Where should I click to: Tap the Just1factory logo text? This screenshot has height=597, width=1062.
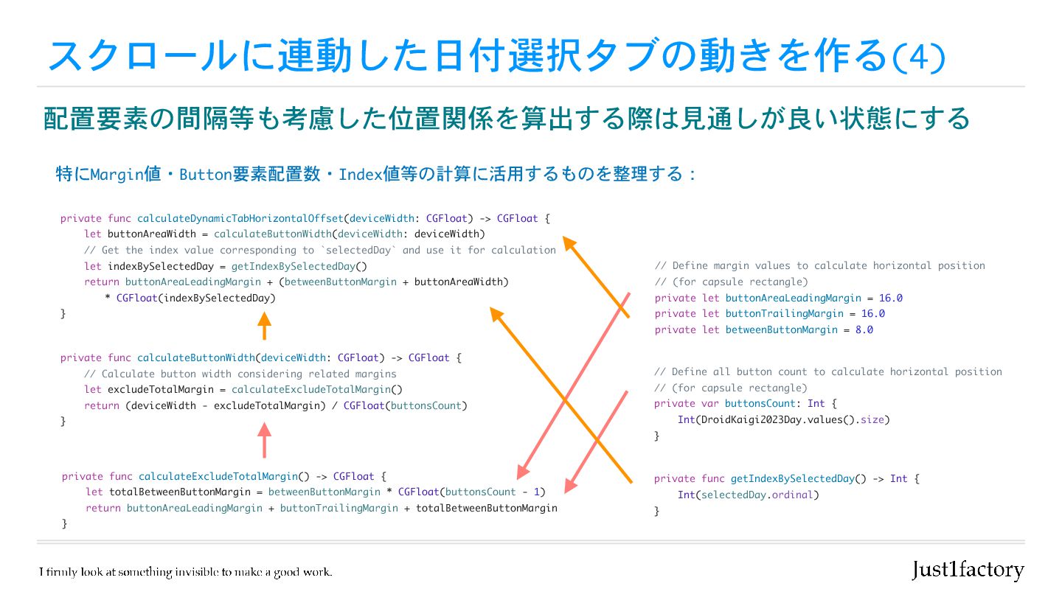[968, 570]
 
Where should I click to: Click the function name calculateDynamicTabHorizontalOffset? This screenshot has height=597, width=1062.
[240, 218]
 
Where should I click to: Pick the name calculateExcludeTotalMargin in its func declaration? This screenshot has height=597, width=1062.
[218, 476]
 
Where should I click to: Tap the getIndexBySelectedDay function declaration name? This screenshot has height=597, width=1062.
[793, 478]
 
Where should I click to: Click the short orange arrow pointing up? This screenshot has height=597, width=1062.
[264, 325]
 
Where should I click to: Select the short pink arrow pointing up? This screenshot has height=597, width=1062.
[264, 440]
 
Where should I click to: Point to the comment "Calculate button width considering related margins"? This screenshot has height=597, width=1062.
[240, 374]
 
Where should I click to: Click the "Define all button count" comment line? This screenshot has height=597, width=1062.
[827, 371]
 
